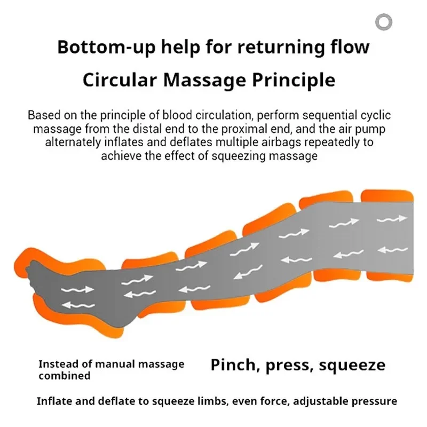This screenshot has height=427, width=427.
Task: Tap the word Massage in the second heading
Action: click(204, 81)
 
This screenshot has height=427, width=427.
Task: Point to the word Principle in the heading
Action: click(294, 81)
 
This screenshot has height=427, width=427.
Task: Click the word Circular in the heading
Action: click(120, 80)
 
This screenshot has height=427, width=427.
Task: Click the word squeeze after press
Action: click(352, 366)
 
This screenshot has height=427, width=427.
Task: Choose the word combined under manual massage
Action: click(64, 376)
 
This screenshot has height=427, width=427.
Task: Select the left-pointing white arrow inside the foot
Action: click(78, 305)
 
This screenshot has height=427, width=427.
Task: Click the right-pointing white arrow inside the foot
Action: click(77, 290)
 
